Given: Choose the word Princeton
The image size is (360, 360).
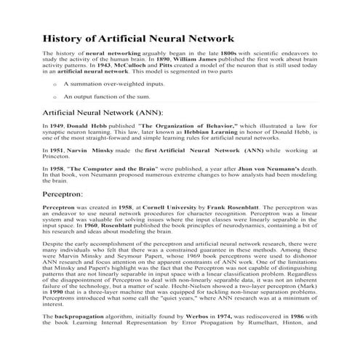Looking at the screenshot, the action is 57,155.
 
